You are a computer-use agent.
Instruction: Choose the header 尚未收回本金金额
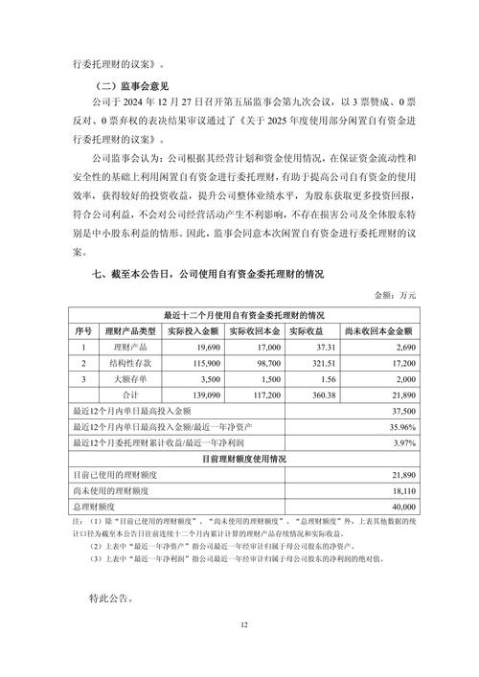click(x=380, y=330)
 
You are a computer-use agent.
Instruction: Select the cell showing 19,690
click(x=207, y=348)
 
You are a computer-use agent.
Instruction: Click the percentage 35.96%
click(x=401, y=426)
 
